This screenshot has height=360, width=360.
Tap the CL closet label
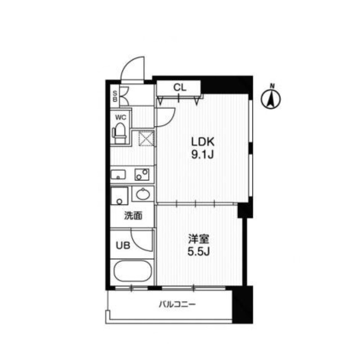(x=180, y=88)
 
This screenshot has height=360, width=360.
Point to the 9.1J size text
(x=202, y=156)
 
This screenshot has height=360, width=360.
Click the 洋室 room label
(x=198, y=239)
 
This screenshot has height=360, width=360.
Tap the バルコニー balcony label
(x=177, y=305)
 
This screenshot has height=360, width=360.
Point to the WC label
(x=121, y=117)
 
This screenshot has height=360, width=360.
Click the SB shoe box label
(x=115, y=95)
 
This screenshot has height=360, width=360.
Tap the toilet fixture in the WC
(x=120, y=133)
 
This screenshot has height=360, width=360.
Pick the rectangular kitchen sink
(x=119, y=174)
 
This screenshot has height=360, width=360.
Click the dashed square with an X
(x=146, y=139)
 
